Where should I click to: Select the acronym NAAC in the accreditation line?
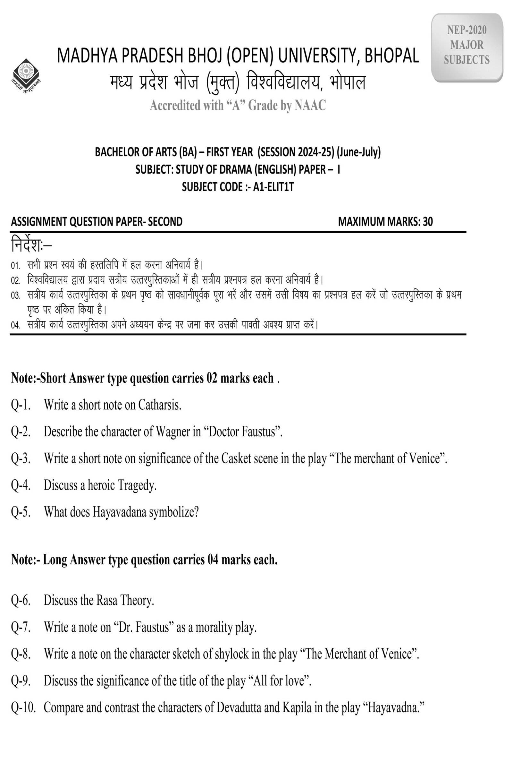[x=310, y=106]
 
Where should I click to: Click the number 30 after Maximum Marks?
[x=428, y=222]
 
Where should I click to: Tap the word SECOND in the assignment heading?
[x=165, y=222]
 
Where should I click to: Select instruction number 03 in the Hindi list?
[x=15, y=295]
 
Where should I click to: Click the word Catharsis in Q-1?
[x=160, y=405]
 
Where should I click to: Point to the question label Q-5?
[x=21, y=512]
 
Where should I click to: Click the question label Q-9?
[x=21, y=681]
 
